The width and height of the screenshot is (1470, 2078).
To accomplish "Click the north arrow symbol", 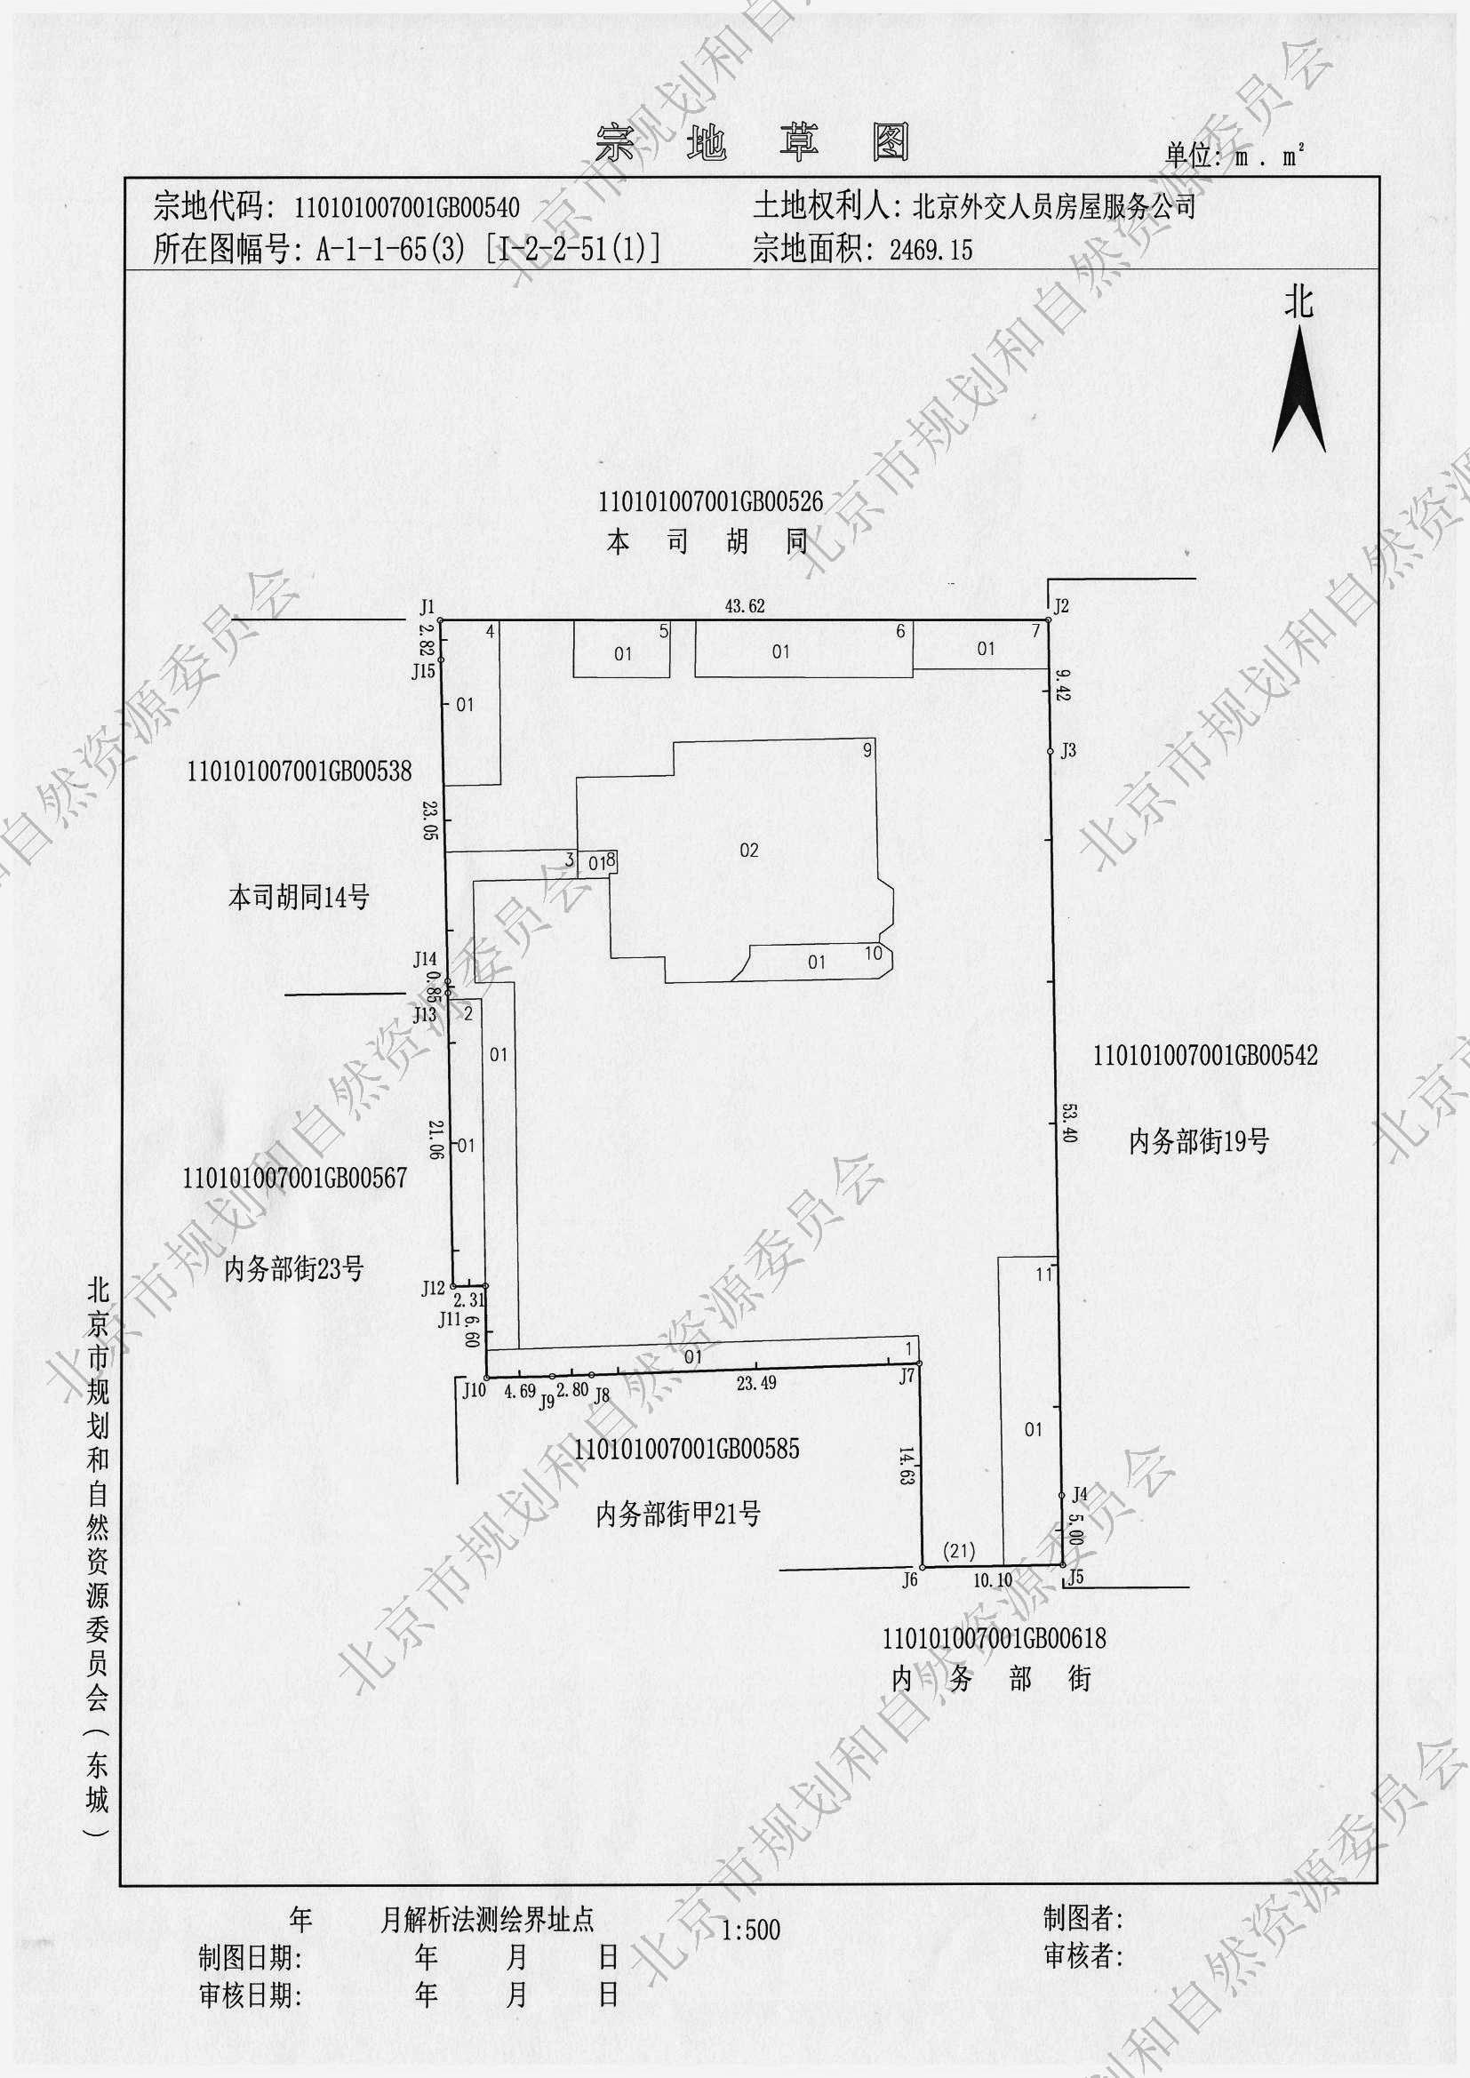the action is [1299, 390].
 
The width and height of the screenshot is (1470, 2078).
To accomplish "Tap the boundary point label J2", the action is [1062, 605].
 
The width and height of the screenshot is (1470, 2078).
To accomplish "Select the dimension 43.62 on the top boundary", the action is [745, 606].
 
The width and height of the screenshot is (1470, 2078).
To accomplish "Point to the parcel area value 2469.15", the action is [931, 250].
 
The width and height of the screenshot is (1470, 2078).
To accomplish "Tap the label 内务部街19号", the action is [1198, 1142].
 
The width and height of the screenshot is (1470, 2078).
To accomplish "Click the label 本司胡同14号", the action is [299, 898].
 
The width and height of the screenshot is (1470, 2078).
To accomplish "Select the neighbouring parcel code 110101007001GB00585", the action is [686, 1448].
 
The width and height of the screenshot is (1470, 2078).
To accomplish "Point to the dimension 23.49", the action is [756, 1383].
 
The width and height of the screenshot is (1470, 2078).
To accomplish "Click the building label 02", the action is [748, 850].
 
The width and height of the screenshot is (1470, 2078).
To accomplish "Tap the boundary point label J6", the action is [910, 1579].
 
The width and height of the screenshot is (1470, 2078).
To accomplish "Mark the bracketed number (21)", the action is [959, 1551].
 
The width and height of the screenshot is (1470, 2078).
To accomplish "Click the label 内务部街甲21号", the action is [678, 1514].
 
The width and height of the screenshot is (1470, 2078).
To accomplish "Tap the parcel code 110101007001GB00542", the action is [1206, 1054].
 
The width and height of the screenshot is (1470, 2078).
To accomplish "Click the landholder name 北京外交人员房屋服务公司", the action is [1055, 207].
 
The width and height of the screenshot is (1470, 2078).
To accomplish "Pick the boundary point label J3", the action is [1068, 749].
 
